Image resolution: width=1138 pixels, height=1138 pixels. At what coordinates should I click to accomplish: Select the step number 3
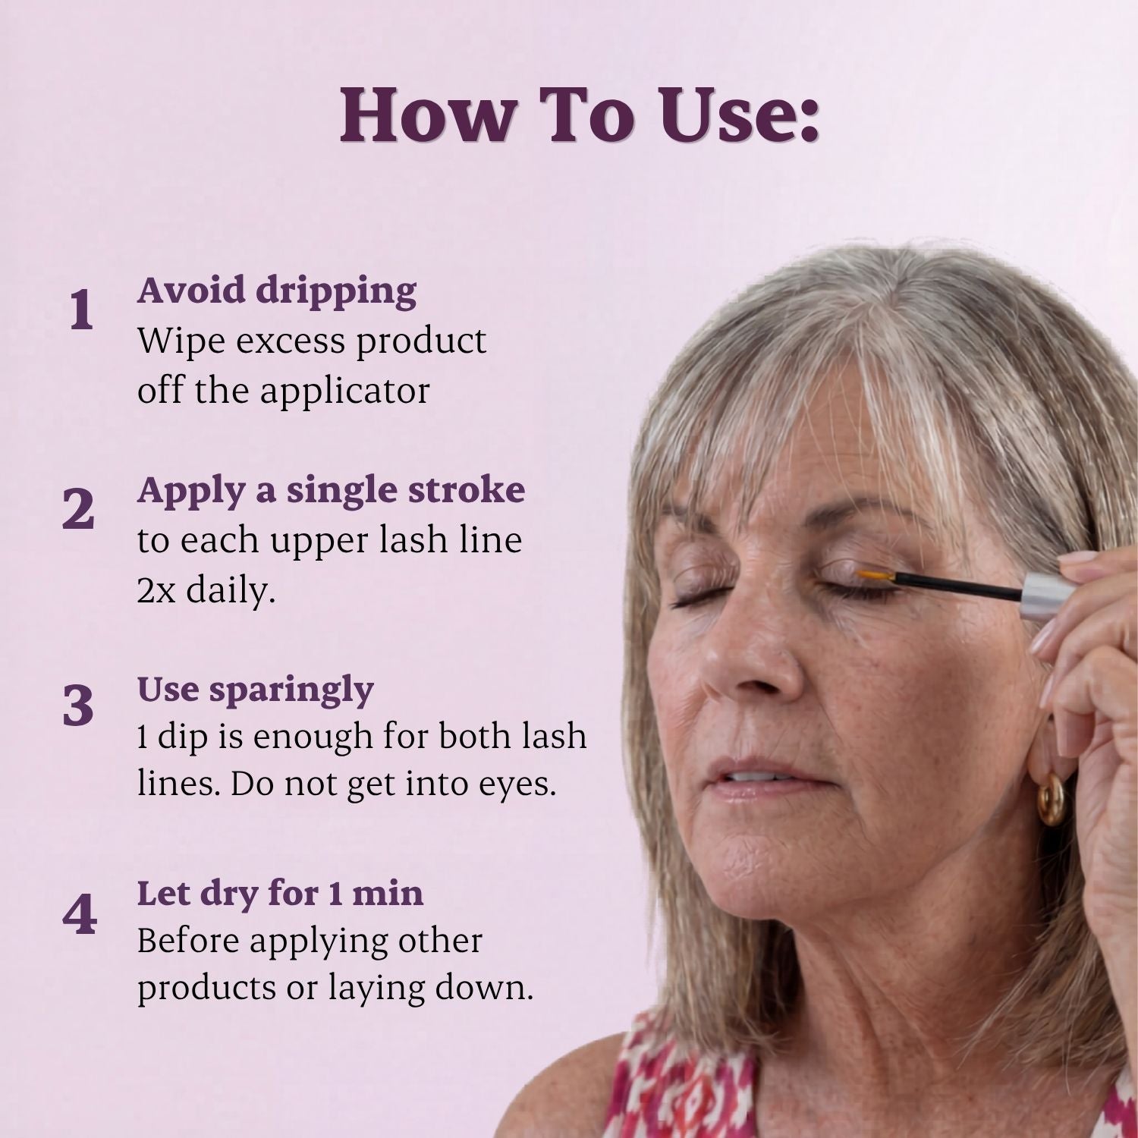tap(78, 706)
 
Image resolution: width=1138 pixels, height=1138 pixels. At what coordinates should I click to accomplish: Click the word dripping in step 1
tap(336, 292)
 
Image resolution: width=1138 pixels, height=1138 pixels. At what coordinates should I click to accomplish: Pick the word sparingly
tap(291, 691)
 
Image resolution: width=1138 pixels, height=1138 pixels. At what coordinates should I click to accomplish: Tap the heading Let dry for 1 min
tap(280, 893)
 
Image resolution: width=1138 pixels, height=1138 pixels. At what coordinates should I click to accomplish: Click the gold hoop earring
tap(1052, 799)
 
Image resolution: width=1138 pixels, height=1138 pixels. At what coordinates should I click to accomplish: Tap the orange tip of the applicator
tap(876, 577)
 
